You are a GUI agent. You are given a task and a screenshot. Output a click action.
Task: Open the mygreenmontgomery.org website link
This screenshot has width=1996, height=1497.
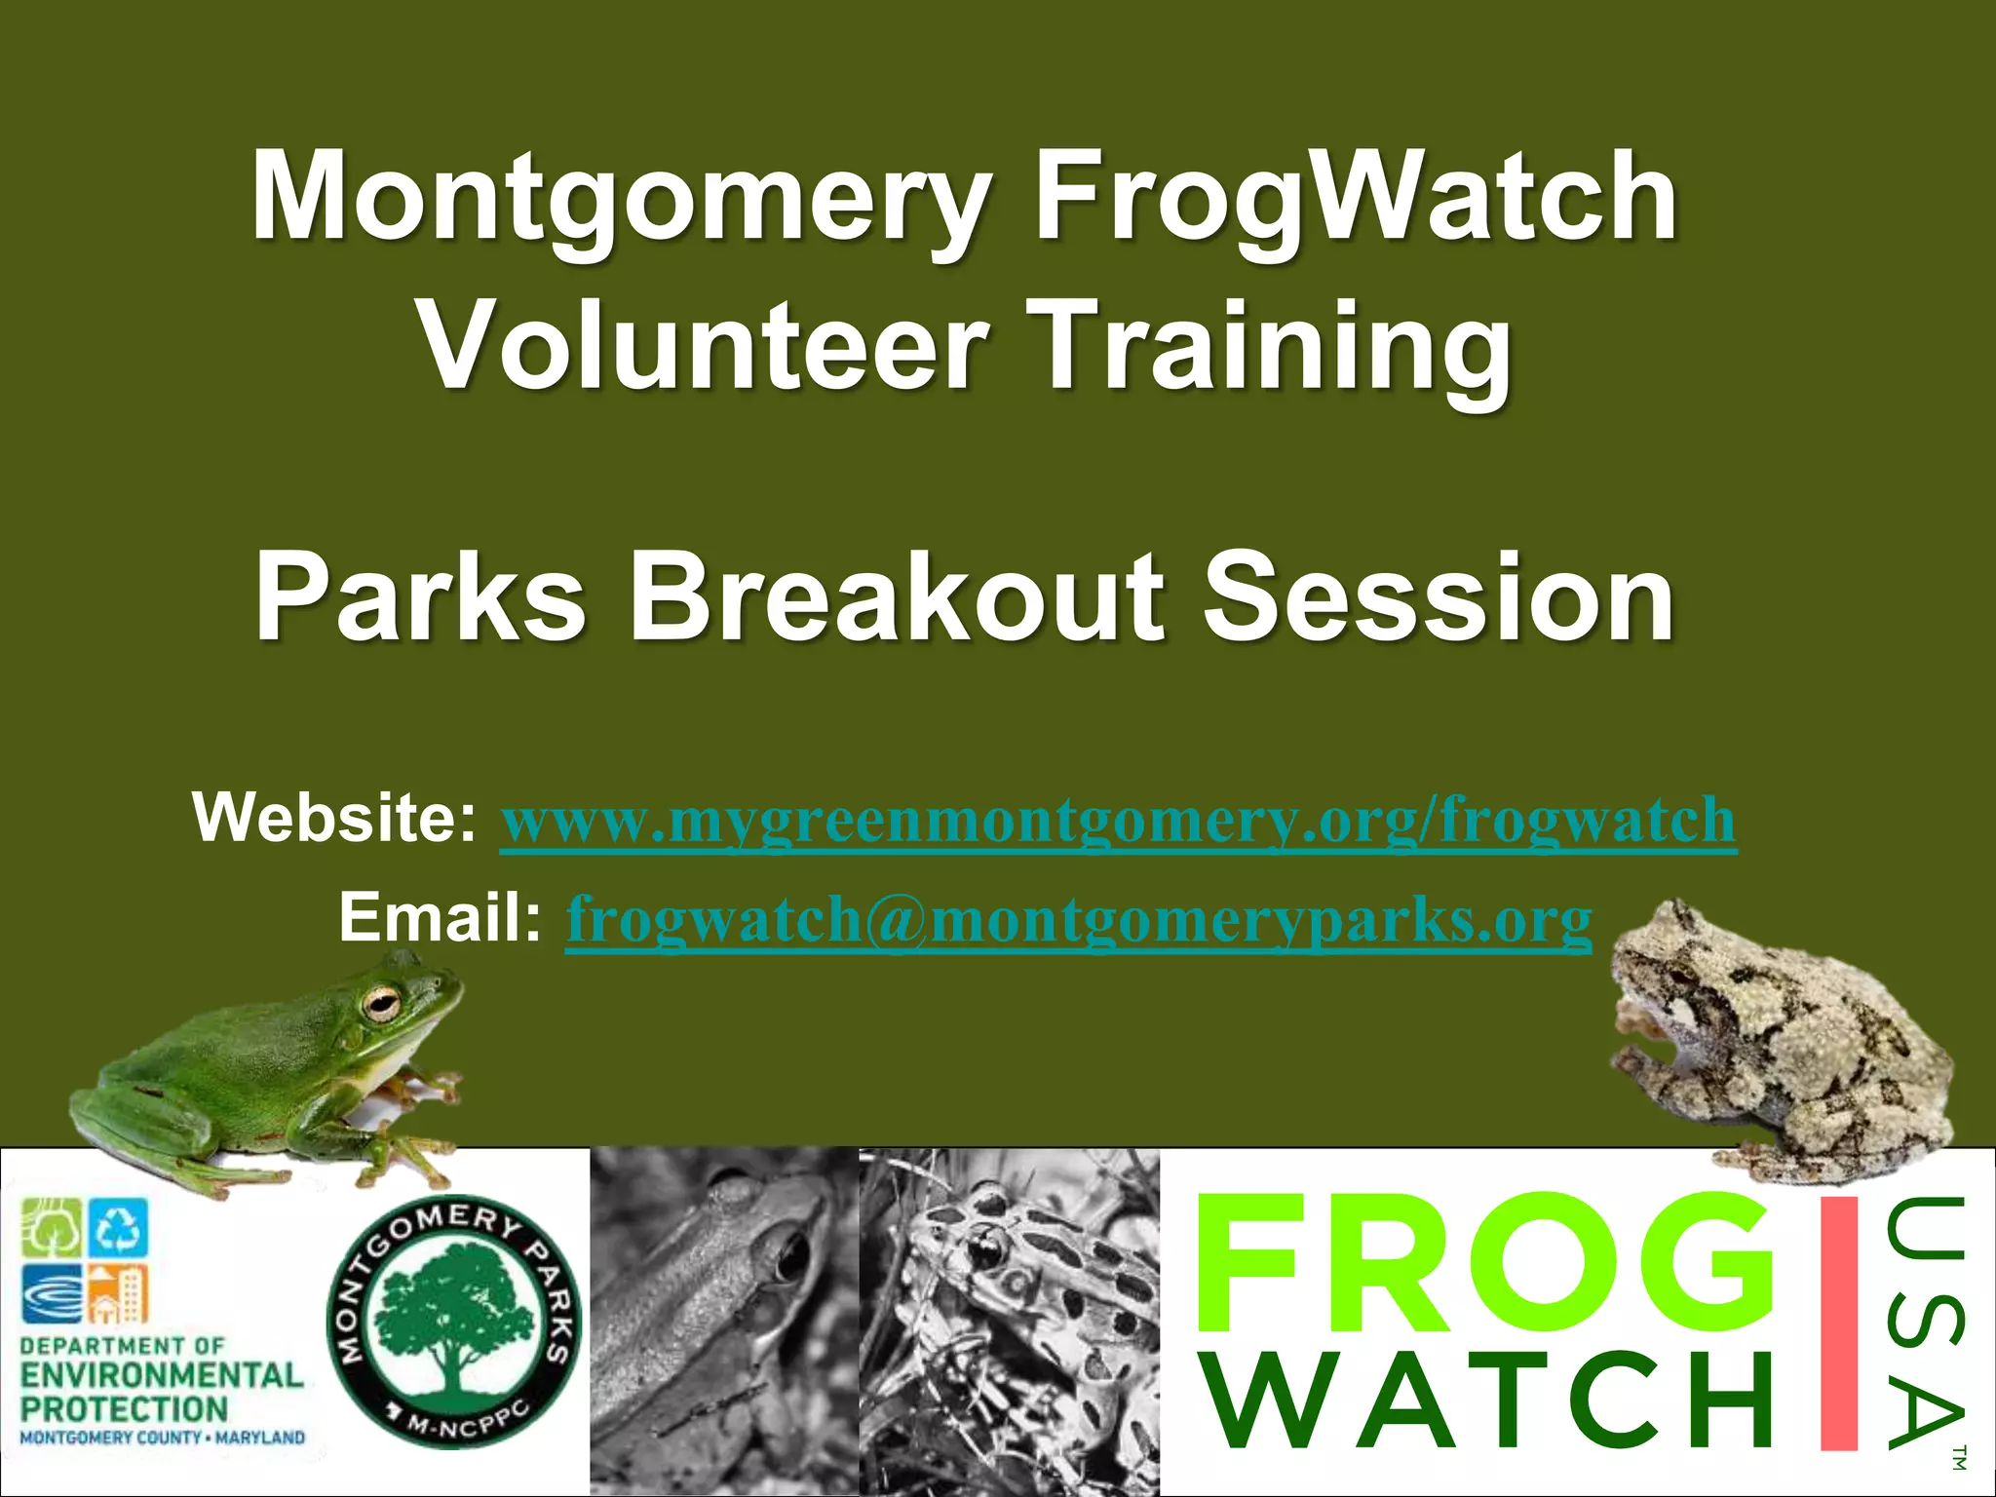[1117, 821]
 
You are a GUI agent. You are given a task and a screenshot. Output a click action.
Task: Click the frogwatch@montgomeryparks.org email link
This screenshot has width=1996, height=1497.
[1078, 919]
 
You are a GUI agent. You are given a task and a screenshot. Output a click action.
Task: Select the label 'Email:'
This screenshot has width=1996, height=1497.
[440, 917]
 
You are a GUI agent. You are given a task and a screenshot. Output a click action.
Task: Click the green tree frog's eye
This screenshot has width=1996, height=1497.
[380, 1002]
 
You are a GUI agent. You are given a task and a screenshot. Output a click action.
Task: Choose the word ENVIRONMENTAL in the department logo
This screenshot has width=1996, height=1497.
[162, 1375]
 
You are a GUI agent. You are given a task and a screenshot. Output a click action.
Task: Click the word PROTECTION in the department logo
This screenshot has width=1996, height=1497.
[124, 1408]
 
